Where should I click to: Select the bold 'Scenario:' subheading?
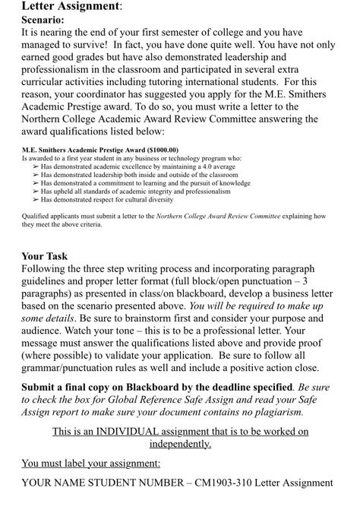tap(43, 21)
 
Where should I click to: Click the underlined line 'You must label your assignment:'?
tap(90, 463)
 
